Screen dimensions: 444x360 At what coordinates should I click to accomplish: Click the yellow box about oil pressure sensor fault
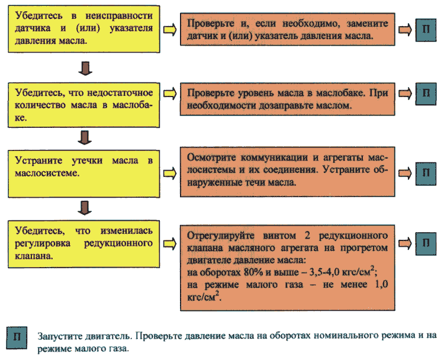pyautogui.click(x=84, y=29)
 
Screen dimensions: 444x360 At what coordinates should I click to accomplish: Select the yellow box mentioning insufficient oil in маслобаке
pyautogui.click(x=84, y=105)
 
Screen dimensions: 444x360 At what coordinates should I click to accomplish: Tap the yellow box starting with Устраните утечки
pyautogui.click(x=84, y=174)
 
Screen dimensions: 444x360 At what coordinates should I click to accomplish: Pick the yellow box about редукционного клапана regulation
pyautogui.click(x=84, y=244)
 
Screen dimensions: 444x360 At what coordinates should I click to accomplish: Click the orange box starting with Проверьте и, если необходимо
pyautogui.click(x=287, y=29)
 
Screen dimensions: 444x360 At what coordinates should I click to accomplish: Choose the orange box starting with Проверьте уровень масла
pyautogui.click(x=287, y=99)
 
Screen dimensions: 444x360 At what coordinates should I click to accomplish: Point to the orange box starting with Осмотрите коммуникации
pyautogui.click(x=287, y=172)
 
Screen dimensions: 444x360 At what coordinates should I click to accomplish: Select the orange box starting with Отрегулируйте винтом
pyautogui.click(x=287, y=268)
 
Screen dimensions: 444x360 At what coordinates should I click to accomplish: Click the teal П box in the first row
pyautogui.click(x=426, y=30)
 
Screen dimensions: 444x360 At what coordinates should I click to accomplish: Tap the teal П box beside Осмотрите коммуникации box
pyautogui.click(x=426, y=173)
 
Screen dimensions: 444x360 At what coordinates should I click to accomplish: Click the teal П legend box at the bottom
pyautogui.click(x=17, y=337)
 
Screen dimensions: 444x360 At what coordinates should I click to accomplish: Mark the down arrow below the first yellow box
pyautogui.click(x=85, y=68)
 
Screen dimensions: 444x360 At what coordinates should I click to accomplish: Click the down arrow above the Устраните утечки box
pyautogui.click(x=85, y=137)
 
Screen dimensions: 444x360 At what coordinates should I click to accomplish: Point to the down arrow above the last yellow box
pyautogui.click(x=85, y=208)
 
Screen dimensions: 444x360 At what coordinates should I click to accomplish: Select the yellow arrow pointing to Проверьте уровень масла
pyautogui.click(x=170, y=94)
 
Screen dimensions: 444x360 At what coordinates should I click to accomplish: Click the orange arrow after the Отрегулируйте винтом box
pyautogui.click(x=405, y=243)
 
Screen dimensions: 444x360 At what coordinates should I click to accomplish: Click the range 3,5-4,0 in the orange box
pyautogui.click(x=324, y=272)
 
